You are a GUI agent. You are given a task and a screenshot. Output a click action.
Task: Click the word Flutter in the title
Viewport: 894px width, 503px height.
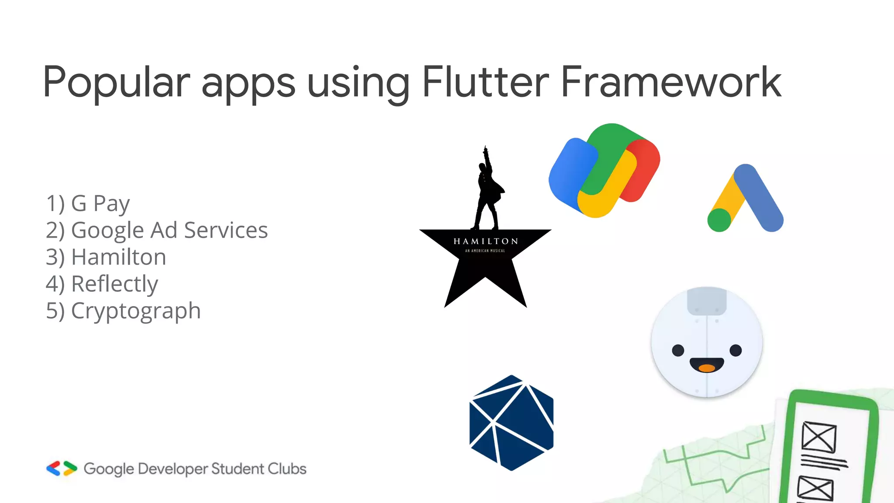485,82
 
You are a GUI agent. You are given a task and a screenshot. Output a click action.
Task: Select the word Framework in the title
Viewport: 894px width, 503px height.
670,82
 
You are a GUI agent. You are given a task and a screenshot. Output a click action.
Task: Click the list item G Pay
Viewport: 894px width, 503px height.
88,203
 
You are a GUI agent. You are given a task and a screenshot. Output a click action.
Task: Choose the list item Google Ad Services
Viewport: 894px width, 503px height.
156,230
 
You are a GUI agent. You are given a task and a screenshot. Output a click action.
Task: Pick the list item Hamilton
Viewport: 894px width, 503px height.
106,257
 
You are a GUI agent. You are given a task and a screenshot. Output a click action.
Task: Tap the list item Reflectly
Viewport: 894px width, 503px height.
102,284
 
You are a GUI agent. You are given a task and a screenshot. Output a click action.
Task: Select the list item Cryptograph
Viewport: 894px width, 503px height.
123,311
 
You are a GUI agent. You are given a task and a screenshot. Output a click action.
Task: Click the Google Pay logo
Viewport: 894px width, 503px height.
604,170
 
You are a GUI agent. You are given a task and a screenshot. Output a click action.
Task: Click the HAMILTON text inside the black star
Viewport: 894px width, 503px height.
485,241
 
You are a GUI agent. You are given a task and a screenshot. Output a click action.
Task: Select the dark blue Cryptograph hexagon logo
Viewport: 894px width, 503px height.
511,423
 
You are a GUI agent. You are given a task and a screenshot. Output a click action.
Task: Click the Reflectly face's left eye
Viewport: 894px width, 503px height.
678,350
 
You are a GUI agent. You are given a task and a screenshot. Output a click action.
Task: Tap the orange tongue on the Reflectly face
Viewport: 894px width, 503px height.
706,368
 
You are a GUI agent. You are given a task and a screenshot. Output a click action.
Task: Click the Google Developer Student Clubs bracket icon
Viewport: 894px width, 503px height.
62,469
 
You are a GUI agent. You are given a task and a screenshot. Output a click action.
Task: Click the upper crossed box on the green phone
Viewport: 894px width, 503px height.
819,437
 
